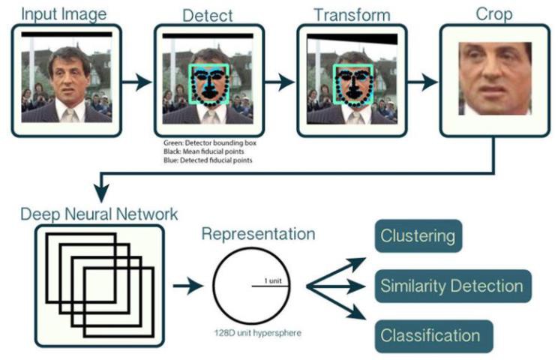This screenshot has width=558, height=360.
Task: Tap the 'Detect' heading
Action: tap(208, 14)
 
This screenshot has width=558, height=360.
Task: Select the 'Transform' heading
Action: tap(352, 14)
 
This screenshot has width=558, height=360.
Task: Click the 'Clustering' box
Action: tap(418, 236)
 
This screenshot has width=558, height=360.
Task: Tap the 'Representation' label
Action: tap(257, 234)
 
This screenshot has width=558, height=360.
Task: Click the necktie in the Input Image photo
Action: tap(70, 114)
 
